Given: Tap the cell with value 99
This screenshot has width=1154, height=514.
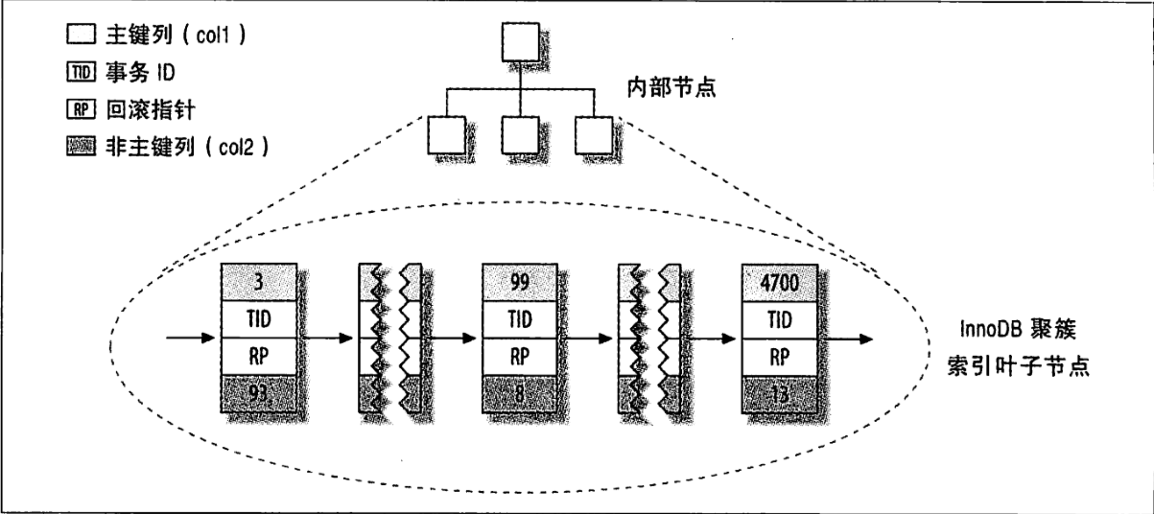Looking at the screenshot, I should pyautogui.click(x=519, y=281).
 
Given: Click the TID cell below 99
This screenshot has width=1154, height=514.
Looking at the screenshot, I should pyautogui.click(x=519, y=319).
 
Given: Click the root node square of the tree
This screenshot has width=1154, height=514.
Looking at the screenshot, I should pyautogui.click(x=520, y=41).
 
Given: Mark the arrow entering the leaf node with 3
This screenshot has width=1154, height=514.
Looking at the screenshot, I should pyautogui.click(x=192, y=339).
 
